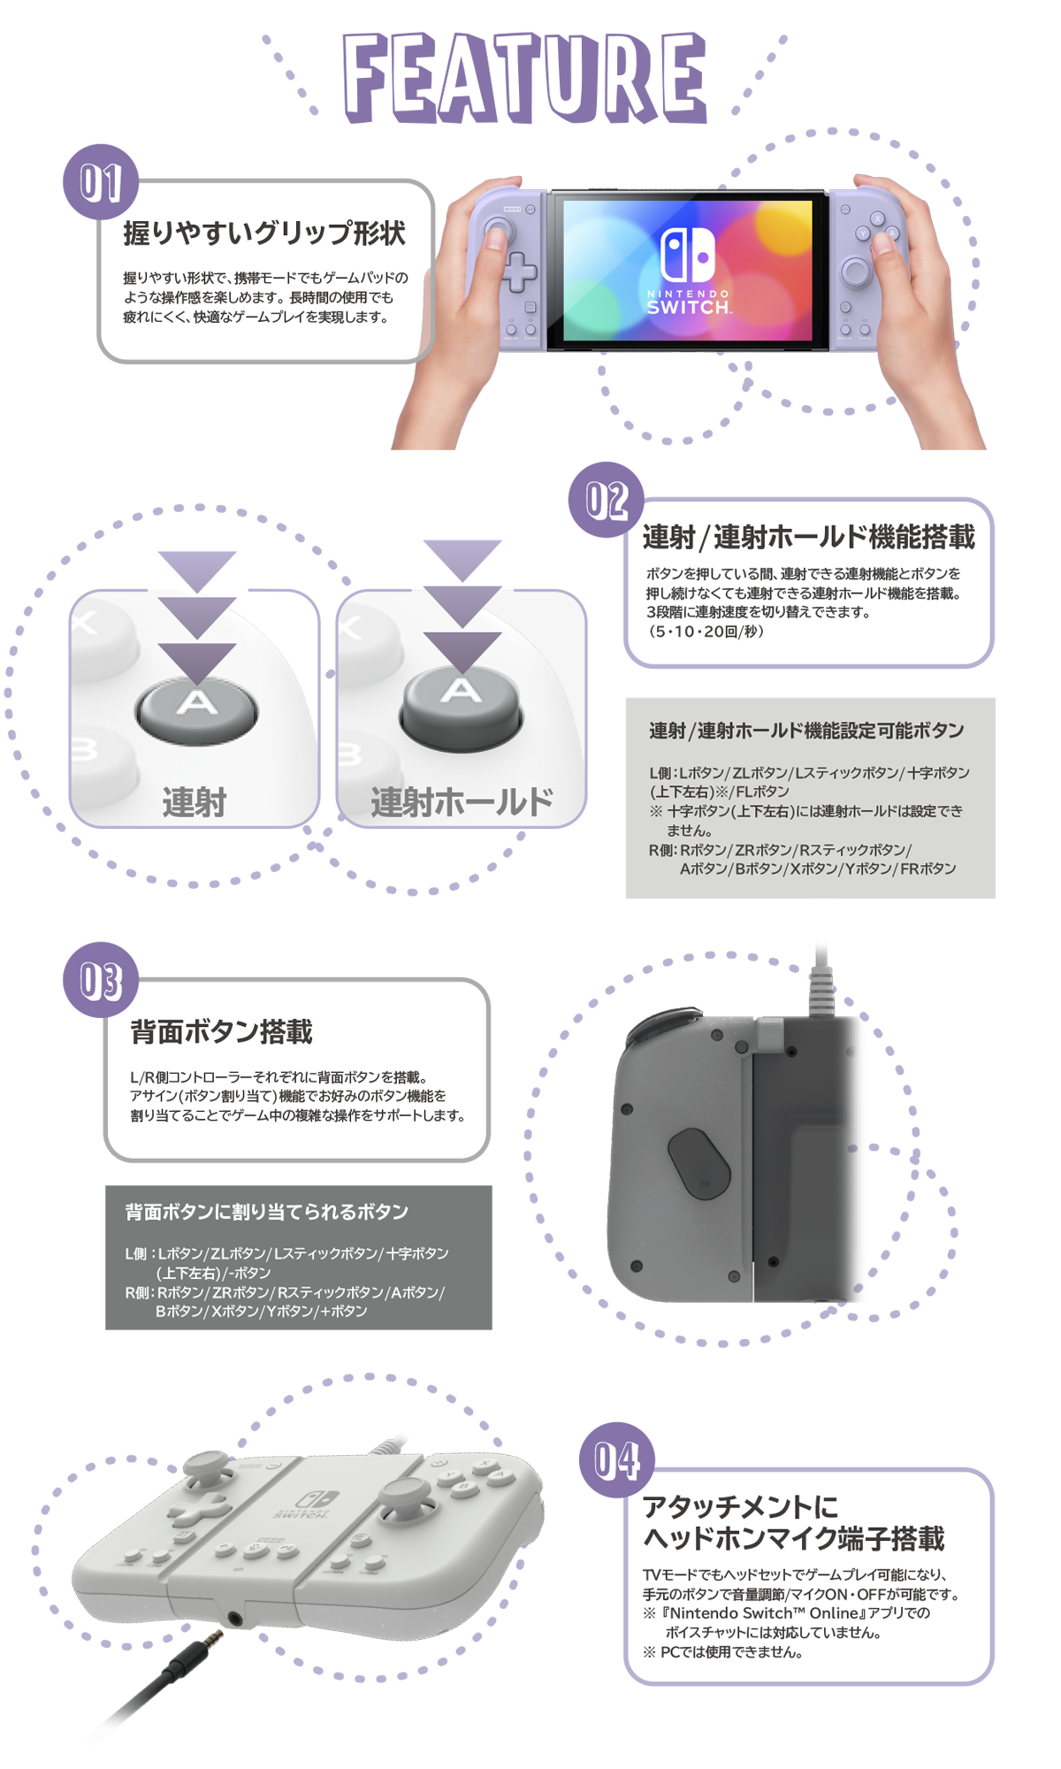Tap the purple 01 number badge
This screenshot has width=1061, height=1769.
(x=101, y=183)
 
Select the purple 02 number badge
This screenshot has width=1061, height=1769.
(x=607, y=500)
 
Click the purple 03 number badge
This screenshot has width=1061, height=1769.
(x=101, y=980)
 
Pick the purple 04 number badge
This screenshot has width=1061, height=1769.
(x=617, y=1460)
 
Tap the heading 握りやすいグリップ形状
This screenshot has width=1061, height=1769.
(x=264, y=234)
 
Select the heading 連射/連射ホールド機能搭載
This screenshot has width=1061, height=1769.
(x=808, y=537)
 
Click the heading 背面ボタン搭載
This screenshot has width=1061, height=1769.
(x=221, y=1031)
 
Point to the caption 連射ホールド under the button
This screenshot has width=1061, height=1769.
(x=462, y=802)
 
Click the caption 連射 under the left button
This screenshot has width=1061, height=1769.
(x=195, y=802)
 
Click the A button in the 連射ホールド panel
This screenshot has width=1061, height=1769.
(x=462, y=699)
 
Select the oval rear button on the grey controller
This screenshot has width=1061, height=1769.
(x=698, y=1164)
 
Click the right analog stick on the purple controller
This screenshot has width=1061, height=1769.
(x=855, y=271)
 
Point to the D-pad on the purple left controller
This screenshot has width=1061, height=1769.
(x=519, y=272)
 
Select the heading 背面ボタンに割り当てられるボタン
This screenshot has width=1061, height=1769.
(x=266, y=1212)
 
